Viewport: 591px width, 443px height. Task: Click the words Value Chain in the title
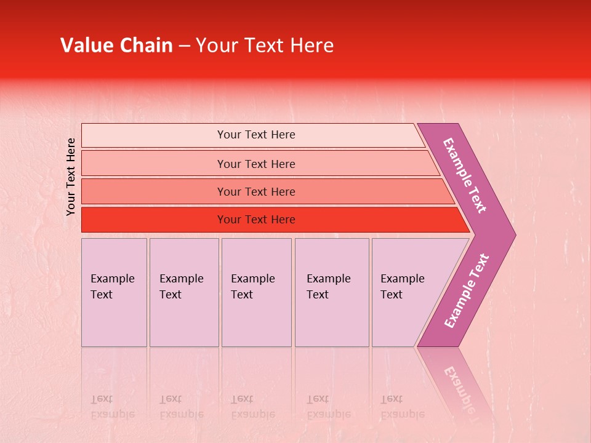pos(116,46)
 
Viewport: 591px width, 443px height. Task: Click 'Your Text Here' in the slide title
pos(265,46)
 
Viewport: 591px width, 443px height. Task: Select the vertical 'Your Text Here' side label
pos(71,177)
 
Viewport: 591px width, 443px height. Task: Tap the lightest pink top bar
pos(154,135)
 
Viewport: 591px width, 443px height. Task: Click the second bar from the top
pos(154,164)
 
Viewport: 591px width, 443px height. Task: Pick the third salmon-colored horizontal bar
pos(154,191)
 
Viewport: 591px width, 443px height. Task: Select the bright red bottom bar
pos(154,220)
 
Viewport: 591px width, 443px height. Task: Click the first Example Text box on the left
pos(114,292)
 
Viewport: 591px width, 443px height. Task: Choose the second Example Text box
pos(184,292)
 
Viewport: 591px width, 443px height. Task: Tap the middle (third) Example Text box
pos(256,292)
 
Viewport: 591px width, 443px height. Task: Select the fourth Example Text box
pos(332,292)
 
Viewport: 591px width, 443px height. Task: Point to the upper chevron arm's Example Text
pos(465,175)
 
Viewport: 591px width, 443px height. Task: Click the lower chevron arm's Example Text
pos(467,290)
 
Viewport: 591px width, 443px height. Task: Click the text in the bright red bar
pos(256,220)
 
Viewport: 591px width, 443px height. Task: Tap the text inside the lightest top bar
pos(256,135)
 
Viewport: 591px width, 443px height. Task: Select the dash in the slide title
pos(184,46)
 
